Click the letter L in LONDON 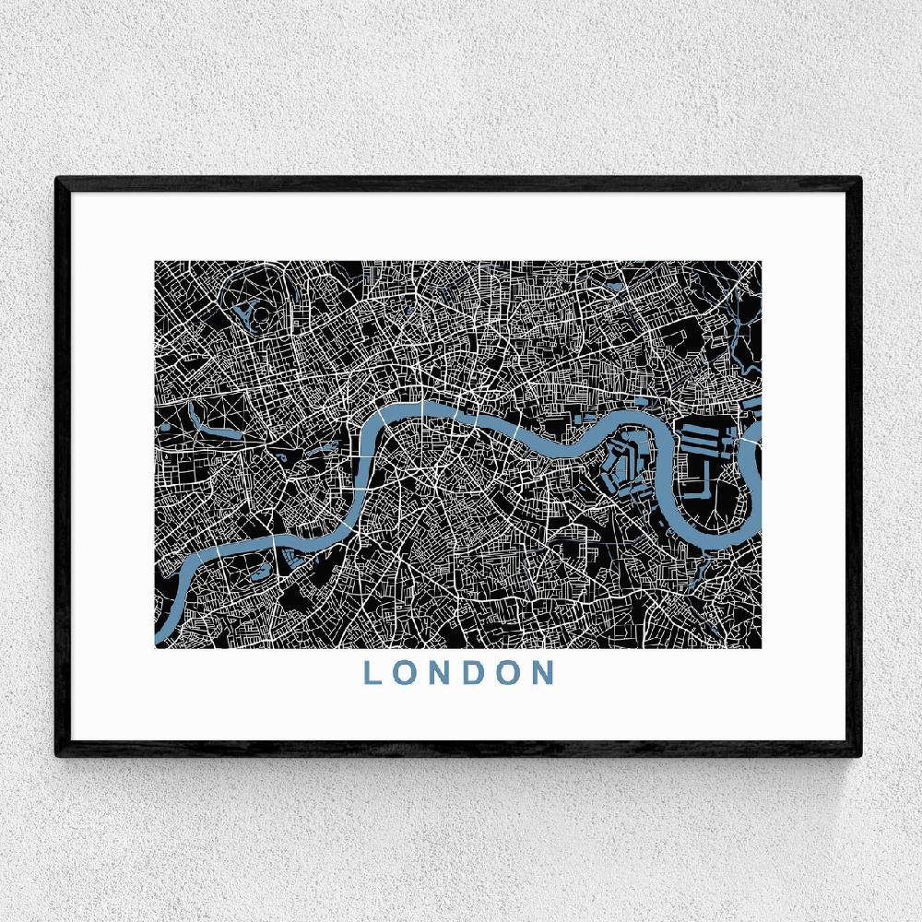[372, 672]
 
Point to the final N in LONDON [543, 672]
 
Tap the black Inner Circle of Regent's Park [261, 313]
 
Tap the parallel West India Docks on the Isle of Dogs [705, 430]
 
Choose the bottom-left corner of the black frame [58, 753]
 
